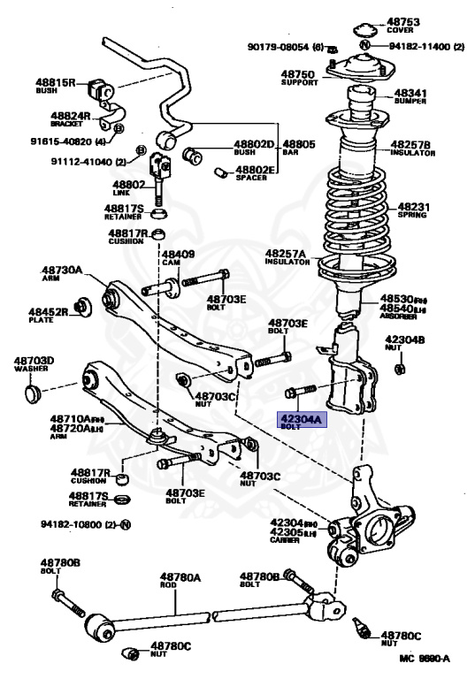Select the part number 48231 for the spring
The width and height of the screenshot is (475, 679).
click(411, 208)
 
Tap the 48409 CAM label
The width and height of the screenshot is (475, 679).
click(178, 256)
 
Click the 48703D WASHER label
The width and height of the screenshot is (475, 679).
click(34, 362)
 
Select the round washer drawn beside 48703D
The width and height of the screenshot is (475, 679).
click(34, 388)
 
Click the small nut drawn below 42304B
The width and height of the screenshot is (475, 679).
click(399, 368)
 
